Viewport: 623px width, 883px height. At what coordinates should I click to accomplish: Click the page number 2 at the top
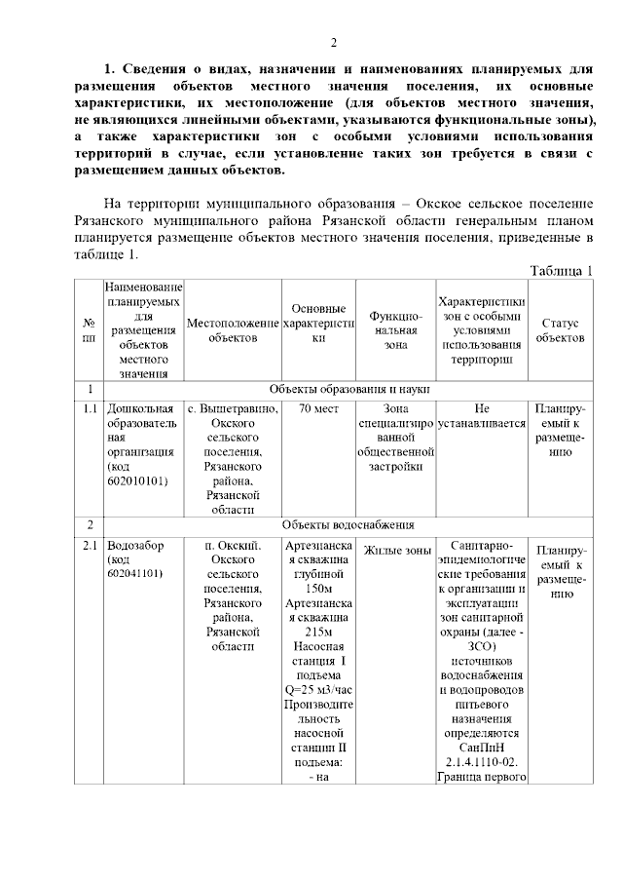point(333,42)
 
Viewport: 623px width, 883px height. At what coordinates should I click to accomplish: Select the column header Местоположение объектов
point(233,330)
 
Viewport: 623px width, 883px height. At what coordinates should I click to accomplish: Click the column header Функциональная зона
point(395,330)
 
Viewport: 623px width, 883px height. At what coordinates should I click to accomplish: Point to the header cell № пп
point(90,330)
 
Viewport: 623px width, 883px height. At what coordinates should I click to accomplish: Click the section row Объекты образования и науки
point(348,390)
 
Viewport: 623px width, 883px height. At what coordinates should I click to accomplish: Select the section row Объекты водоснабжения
point(348,526)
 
